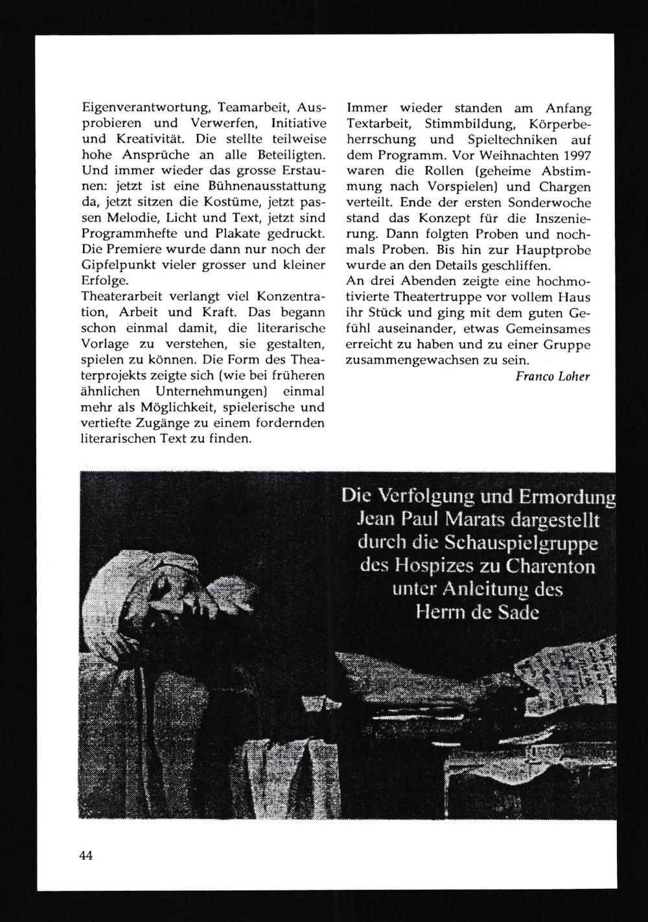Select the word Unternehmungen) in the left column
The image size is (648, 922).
(211, 392)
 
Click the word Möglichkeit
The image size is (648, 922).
(161, 408)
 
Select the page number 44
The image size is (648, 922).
(87, 855)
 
